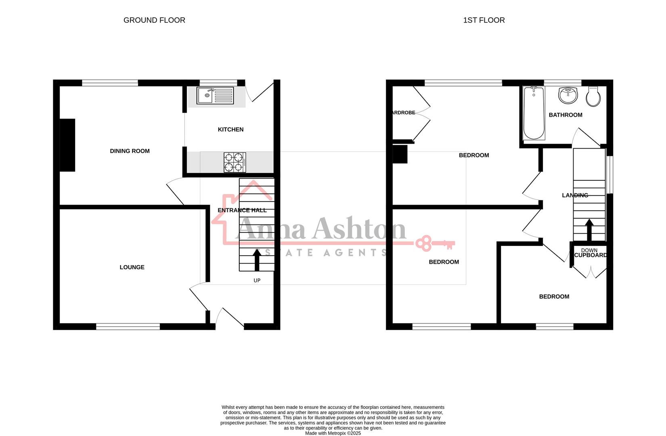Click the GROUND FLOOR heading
[x=154, y=20]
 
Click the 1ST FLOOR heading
[x=484, y=20]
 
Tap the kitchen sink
[x=215, y=96]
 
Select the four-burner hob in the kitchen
[x=235, y=162]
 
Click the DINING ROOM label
[x=130, y=151]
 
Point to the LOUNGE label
[x=132, y=267]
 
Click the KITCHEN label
[x=230, y=130]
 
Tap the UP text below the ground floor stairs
[x=257, y=281]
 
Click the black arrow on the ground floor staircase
[x=256, y=260]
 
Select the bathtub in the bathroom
[x=534, y=113]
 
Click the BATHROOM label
[x=565, y=115]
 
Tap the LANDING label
[x=575, y=195]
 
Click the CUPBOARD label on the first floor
[x=590, y=256]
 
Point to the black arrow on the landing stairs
[x=589, y=230]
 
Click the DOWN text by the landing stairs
[x=589, y=250]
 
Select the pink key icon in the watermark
[x=435, y=243]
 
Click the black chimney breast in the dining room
[x=68, y=145]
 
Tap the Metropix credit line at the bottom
[x=333, y=433]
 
